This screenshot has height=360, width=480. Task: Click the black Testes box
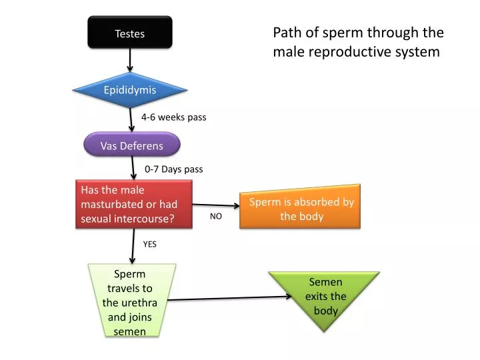130,33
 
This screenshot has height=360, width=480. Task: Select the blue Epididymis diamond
130,90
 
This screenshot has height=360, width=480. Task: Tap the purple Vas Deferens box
132,145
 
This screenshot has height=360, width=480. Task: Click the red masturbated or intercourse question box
133,204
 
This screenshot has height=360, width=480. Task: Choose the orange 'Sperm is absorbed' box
301,209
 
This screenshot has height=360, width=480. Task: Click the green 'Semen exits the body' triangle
325,296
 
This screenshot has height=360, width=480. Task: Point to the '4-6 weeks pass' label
173,117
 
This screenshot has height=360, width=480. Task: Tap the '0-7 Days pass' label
173,169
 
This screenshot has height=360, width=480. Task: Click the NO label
215,217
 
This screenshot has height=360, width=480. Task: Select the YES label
150,244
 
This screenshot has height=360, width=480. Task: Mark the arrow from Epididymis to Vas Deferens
132,120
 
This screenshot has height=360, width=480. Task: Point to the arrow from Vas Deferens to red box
133,169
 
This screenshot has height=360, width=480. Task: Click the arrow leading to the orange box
217,205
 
